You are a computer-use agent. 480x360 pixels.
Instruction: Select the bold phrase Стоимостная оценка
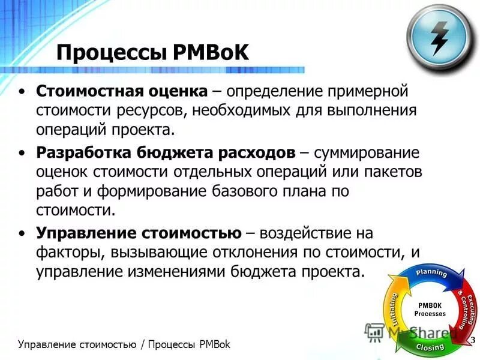coord(122,92)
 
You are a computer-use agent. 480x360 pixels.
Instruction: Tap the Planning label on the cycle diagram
coord(431,273)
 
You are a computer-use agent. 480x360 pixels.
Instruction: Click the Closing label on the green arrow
coord(429,347)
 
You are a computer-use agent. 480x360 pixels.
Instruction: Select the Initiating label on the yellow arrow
coord(393,308)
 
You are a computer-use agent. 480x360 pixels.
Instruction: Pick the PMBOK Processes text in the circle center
coord(430,309)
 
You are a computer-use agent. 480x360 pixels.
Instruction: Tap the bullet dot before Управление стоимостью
coord(22,232)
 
